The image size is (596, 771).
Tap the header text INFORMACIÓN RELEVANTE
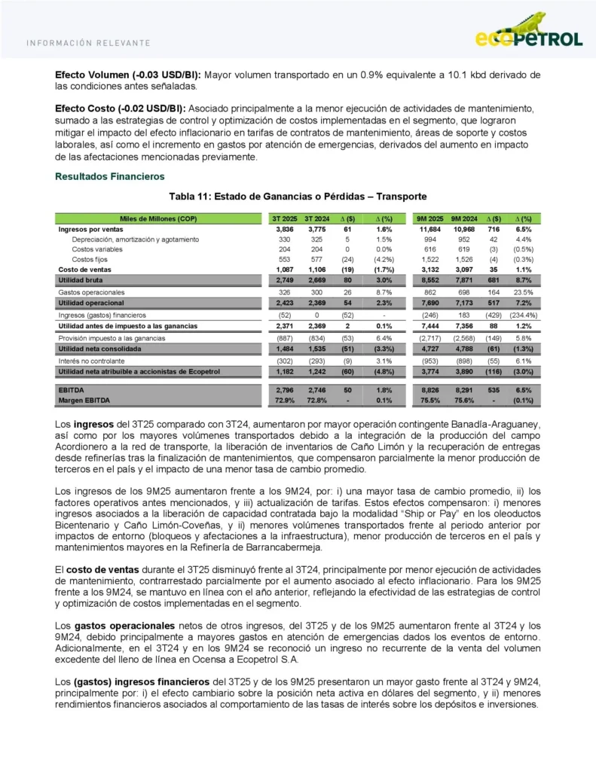click(88, 43)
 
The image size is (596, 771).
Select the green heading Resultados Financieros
click(109, 176)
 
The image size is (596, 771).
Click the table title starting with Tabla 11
click(298, 196)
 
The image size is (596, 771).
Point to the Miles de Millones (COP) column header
click(157, 218)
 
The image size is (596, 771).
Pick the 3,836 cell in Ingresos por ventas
click(284, 229)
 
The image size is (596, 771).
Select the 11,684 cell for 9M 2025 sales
click(430, 229)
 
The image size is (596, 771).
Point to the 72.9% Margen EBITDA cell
click(284, 400)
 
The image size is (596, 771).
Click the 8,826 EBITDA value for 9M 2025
click(430, 390)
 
